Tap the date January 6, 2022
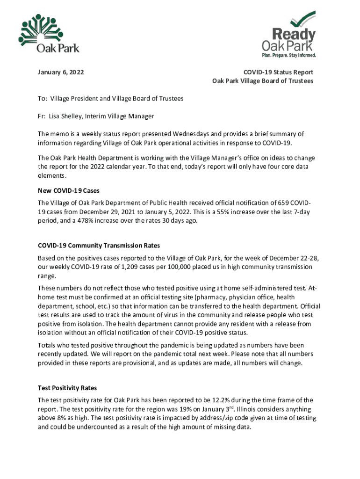pos(61,73)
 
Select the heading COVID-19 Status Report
pos(278,73)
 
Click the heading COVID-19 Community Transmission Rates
pos(99,246)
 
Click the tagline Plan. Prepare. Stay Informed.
pos(288,55)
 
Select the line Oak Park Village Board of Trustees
pos(263,81)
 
